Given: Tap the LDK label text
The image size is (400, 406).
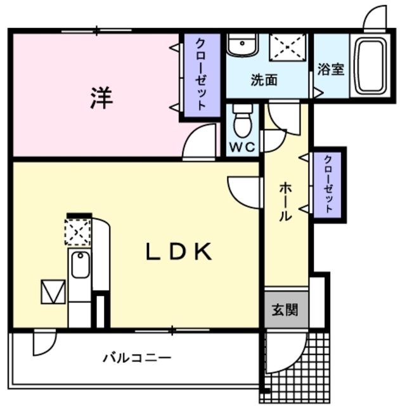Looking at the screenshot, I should point(179,252).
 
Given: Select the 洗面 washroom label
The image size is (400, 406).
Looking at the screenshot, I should point(263,81).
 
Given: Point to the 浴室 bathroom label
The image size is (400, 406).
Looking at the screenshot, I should point(330,69).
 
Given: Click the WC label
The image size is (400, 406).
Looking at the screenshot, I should point(242,147).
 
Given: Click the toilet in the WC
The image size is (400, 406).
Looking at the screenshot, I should point(242,121).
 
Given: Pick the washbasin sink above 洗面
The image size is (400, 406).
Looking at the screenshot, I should point(242,45).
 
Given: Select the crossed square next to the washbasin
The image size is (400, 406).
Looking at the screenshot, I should point(288,46).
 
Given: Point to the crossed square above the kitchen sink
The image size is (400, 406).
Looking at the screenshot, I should point(78,232).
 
